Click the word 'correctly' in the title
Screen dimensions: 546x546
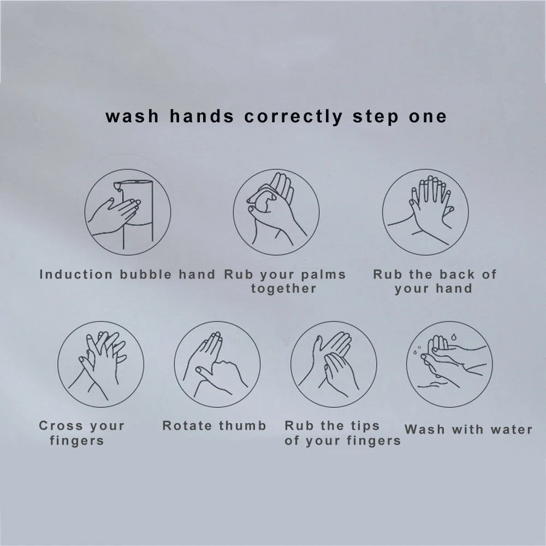pos(293,117)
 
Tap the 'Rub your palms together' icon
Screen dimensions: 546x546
pos(276,212)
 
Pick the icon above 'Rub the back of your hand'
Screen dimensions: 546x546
pos(425,212)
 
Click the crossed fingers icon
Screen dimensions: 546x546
pos(101,364)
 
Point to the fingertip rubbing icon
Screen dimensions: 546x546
pos(334,364)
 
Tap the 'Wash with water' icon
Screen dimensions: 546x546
pos(449,364)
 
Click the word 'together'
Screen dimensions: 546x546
pos(284,288)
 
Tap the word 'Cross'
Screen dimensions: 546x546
pos(58,426)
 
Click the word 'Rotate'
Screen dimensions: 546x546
pos(188,426)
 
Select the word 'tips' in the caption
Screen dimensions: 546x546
pos(363,426)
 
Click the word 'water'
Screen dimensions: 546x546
pos(511,430)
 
